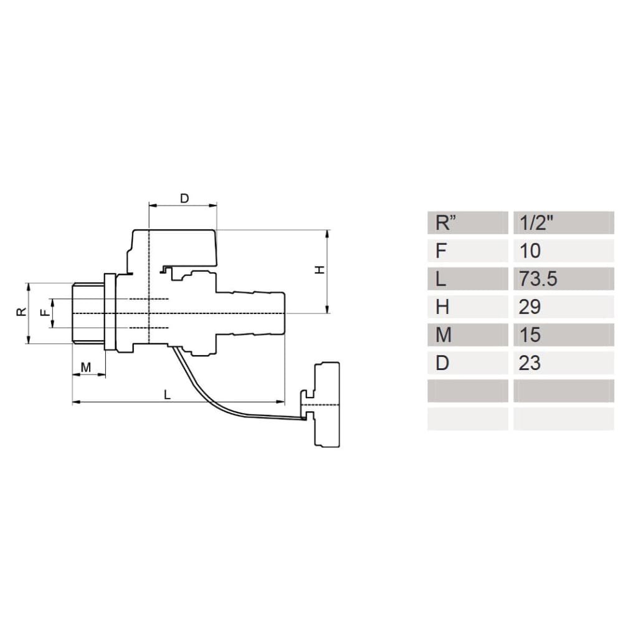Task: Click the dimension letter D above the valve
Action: pyautogui.click(x=184, y=198)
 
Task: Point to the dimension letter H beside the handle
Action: pyautogui.click(x=320, y=270)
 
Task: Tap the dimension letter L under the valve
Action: pyautogui.click(x=167, y=394)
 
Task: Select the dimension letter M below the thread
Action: pyautogui.click(x=86, y=368)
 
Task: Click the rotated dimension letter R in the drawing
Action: pyautogui.click(x=21, y=312)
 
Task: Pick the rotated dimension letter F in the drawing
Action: pyautogui.click(x=46, y=313)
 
